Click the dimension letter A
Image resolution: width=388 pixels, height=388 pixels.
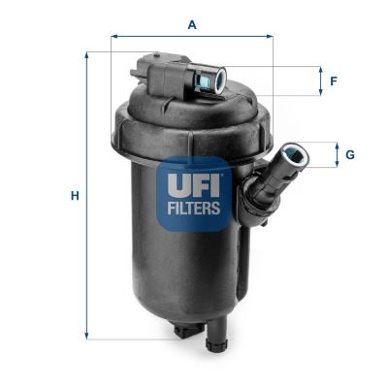(192, 24)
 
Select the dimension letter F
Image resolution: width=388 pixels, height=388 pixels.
(333, 81)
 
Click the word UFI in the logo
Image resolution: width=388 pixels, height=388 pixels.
(194, 181)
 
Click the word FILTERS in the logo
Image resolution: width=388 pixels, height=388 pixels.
(194, 206)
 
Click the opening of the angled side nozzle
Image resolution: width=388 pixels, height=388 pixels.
(292, 154)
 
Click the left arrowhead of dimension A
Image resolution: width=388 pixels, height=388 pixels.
(114, 38)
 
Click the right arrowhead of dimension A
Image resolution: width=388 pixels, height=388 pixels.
(271, 38)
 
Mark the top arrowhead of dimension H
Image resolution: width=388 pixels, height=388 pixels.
(87, 54)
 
